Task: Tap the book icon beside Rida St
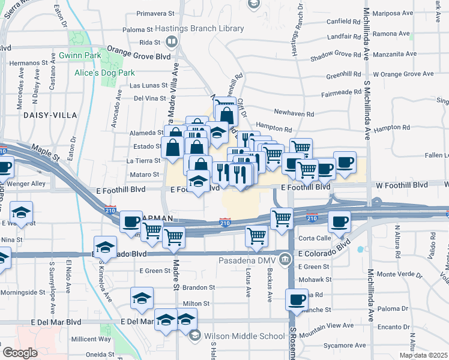click(x=172, y=42)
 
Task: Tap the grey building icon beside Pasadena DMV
click(x=285, y=259)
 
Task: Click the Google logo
click(x=20, y=352)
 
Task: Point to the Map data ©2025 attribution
click(x=423, y=355)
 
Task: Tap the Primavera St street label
click(x=155, y=13)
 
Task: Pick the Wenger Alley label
click(x=30, y=184)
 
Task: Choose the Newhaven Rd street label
click(x=294, y=113)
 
